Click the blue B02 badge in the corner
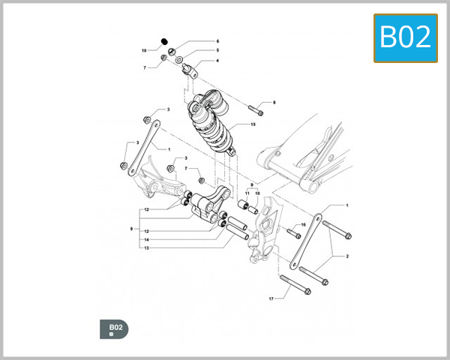click(x=406, y=37)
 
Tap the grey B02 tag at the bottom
click(x=114, y=328)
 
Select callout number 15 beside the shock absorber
click(x=253, y=124)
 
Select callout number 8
click(x=274, y=102)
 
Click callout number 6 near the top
click(x=217, y=41)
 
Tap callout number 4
click(x=217, y=61)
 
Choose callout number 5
click(x=217, y=50)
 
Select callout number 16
click(x=304, y=224)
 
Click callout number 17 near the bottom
click(x=271, y=298)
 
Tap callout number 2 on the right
click(x=346, y=256)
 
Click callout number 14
click(x=147, y=239)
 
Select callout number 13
click(x=147, y=247)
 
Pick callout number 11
click(x=247, y=193)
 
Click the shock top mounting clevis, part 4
click(x=190, y=71)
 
